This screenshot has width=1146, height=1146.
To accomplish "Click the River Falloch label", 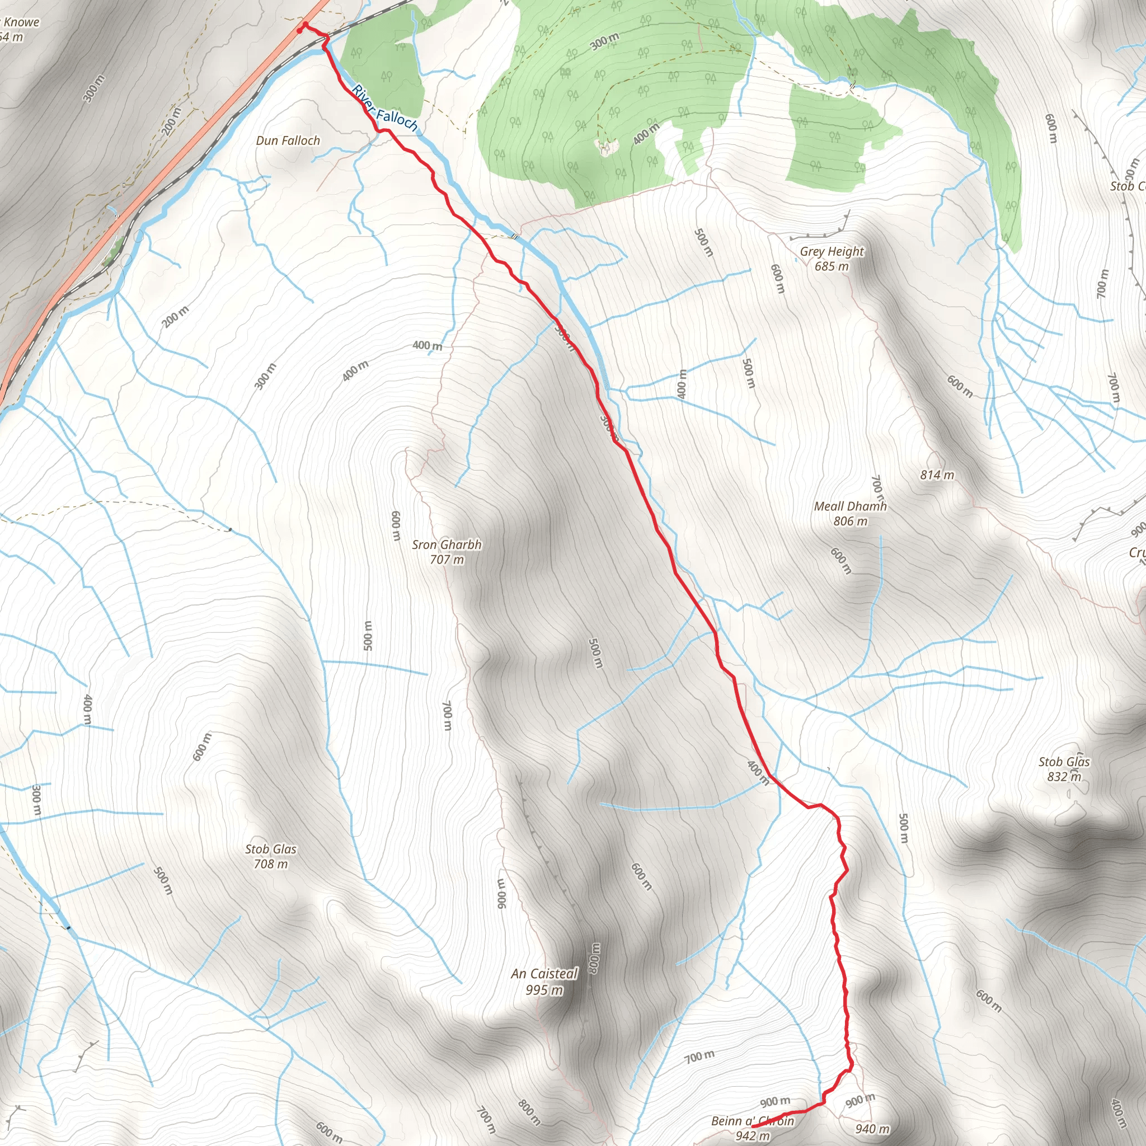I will [x=385, y=108].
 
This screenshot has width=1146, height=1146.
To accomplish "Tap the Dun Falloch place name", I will [x=288, y=140].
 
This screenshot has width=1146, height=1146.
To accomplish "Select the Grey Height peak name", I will [x=832, y=251].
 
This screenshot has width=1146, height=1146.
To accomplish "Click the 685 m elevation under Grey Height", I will [x=832, y=266].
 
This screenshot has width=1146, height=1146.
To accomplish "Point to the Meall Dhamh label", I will [x=850, y=506].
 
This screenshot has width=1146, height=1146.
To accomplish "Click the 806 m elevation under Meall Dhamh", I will [x=850, y=521].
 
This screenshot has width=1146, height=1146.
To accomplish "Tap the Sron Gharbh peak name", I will [x=447, y=544].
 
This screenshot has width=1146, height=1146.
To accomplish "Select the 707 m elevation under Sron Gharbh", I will [x=447, y=560].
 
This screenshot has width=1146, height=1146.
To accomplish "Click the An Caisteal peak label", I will [x=544, y=974].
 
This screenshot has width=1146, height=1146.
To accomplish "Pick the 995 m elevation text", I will [x=544, y=989].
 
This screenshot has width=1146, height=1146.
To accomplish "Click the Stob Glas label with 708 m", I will [x=270, y=849].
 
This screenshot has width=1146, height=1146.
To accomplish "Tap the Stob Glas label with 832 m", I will [x=1064, y=762].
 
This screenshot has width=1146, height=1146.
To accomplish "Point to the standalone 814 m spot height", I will [x=937, y=475].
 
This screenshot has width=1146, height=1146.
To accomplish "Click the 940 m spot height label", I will [x=872, y=1128].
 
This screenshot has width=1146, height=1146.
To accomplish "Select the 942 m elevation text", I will [x=752, y=1135].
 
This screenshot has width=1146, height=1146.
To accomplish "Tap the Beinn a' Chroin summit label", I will [x=752, y=1120].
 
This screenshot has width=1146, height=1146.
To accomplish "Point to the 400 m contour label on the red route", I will [x=758, y=772].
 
